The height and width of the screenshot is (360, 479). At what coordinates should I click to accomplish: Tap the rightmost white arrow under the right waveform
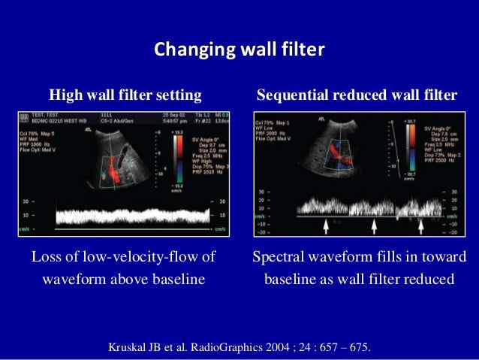[x=422, y=225]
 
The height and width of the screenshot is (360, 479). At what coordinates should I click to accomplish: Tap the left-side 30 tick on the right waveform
[x=261, y=192]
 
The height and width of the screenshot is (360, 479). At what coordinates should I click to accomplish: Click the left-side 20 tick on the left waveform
[x=26, y=201]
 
